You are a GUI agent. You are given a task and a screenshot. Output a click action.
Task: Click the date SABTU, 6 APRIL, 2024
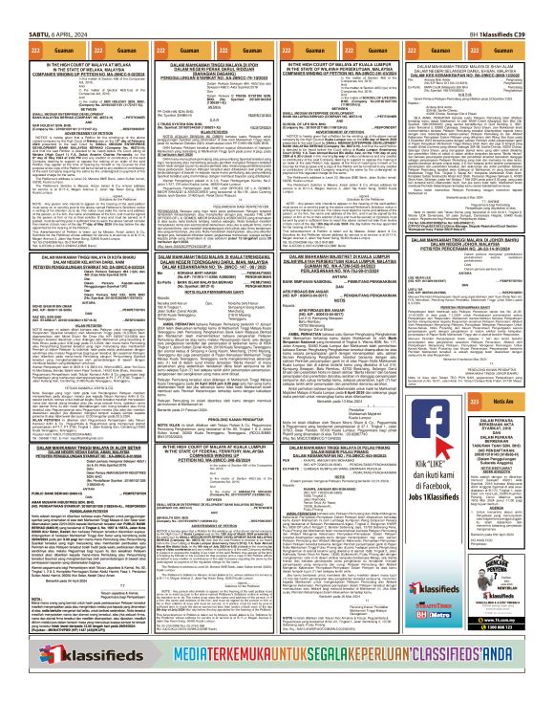tap(40, 10)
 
